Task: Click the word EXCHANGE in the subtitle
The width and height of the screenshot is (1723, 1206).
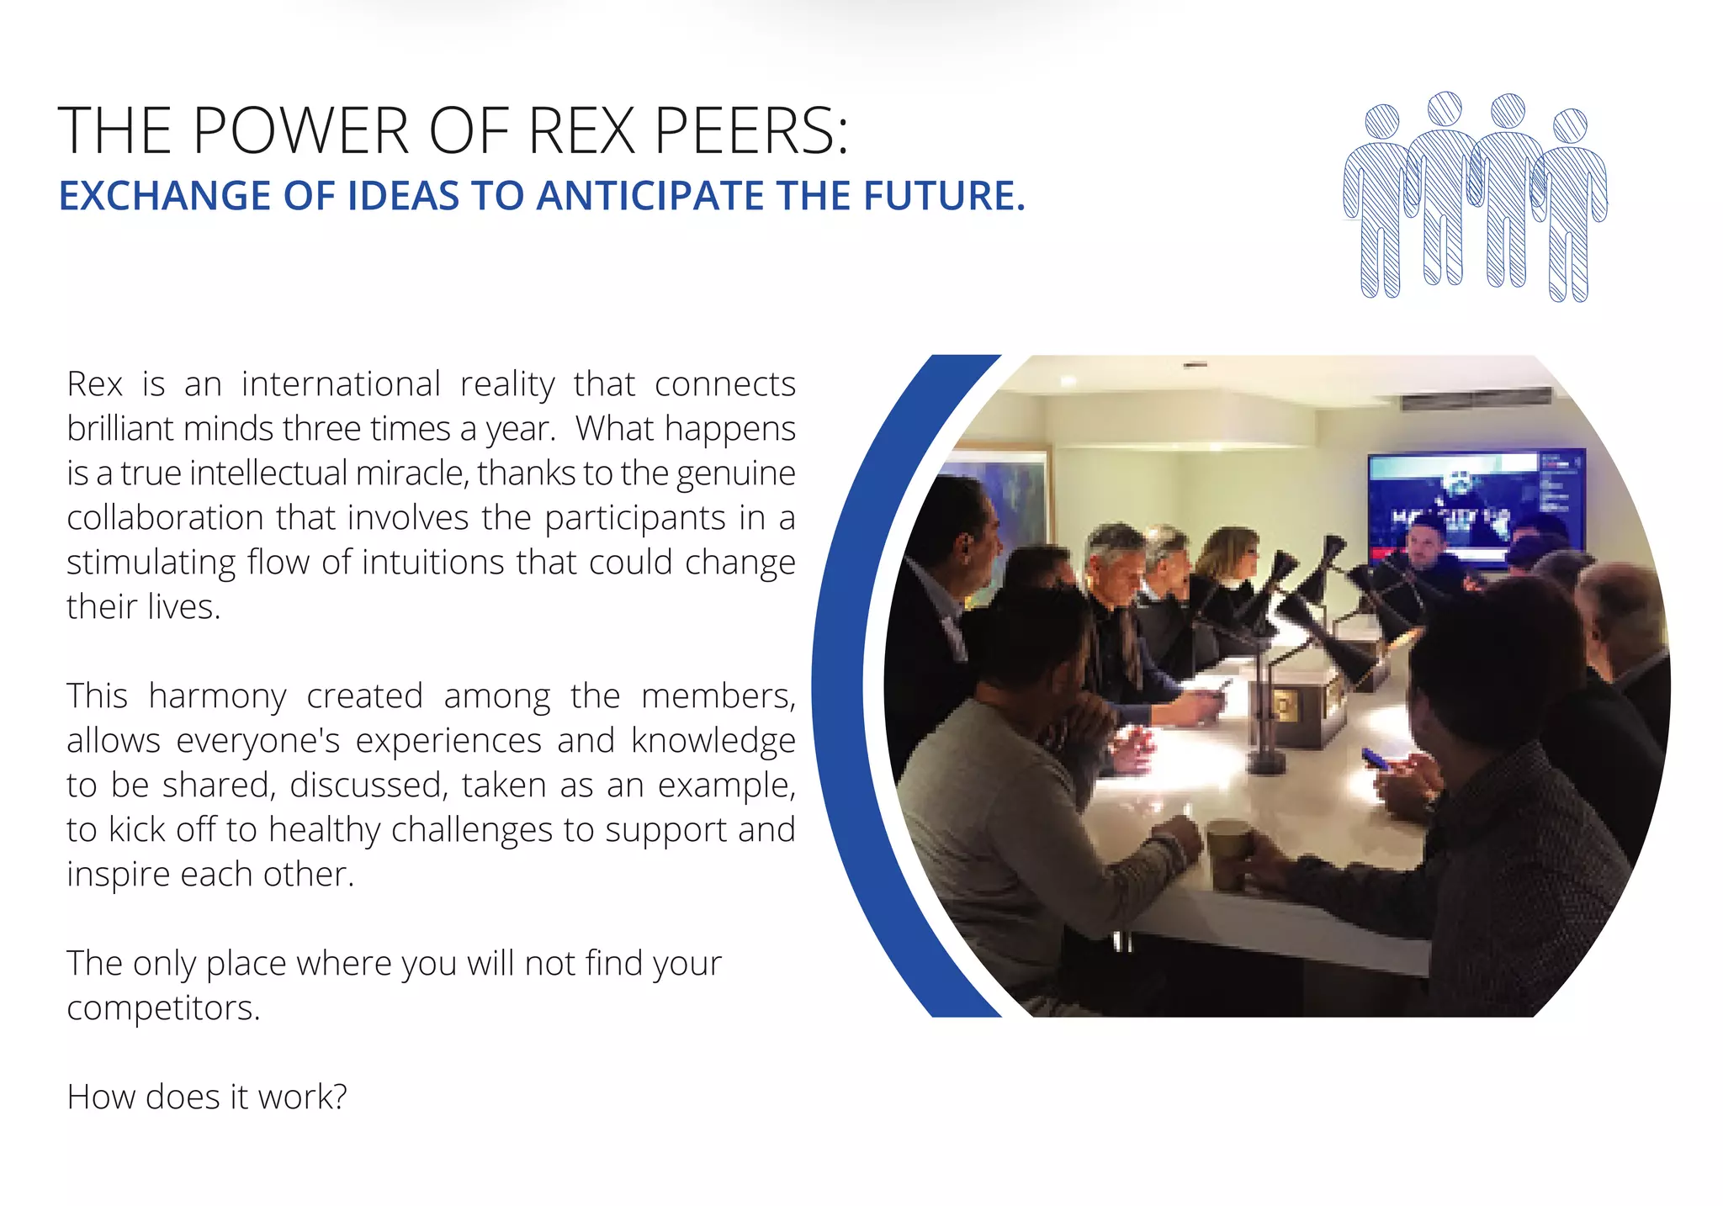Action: (165, 196)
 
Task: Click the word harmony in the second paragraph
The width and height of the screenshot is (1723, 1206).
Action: (218, 696)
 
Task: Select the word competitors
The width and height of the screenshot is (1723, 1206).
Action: (164, 1008)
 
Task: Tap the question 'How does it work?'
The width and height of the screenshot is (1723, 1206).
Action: (207, 1097)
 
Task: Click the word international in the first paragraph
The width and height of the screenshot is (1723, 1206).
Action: (341, 384)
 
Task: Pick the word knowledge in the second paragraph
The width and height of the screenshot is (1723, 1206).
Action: (713, 741)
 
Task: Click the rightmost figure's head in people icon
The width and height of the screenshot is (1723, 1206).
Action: (1570, 126)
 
